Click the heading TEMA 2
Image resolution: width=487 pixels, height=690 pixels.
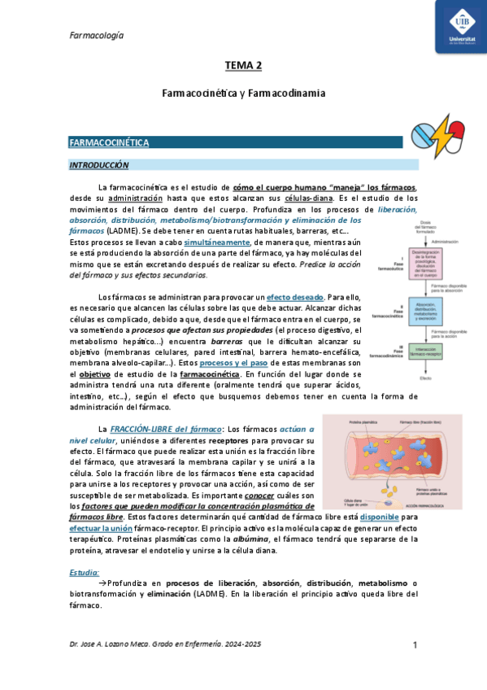243,65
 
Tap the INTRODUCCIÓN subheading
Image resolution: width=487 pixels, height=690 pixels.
99,164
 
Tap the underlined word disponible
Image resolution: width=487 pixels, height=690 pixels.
380,517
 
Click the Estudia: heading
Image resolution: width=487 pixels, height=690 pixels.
85,573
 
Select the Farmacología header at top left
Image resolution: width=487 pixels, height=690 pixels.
96,35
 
